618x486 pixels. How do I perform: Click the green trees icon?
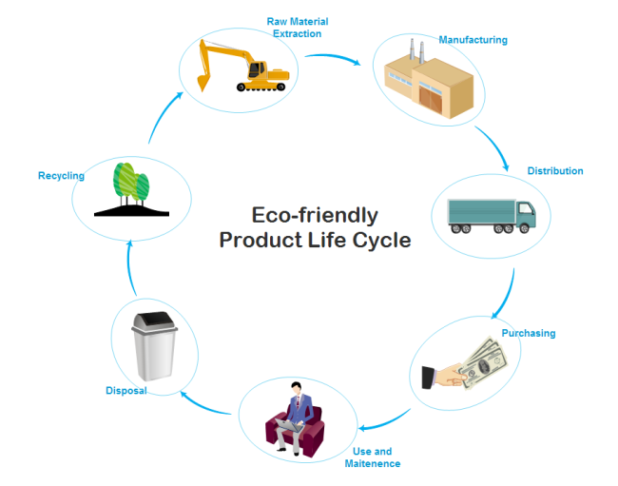click(131, 187)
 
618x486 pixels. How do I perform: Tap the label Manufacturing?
click(473, 40)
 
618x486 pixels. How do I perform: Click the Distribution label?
click(555, 171)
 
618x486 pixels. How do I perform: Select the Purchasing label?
click(529, 334)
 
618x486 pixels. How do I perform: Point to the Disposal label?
click(126, 390)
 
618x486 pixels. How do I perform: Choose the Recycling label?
click(61, 175)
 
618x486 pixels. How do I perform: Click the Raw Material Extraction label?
click(298, 28)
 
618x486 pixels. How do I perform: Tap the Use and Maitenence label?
click(372, 457)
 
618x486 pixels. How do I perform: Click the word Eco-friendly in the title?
click(314, 215)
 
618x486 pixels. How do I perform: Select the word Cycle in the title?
click(380, 240)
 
